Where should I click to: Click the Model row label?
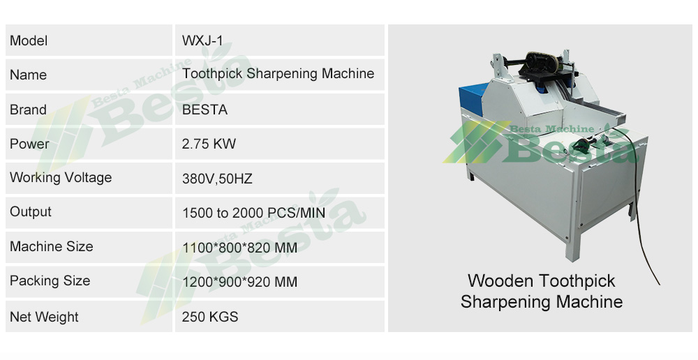[29, 41]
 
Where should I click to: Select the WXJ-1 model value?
[203, 41]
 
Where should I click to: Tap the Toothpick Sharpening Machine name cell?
[278, 74]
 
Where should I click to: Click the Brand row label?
[28, 110]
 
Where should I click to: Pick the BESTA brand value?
[205, 110]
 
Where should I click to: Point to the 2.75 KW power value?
[209, 144]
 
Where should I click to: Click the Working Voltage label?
[61, 178]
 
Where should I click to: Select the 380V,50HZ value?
[217, 179]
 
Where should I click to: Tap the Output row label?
[31, 212]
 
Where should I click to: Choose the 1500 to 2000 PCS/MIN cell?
[253, 213]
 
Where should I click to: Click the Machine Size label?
[51, 247]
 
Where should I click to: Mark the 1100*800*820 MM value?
[239, 248]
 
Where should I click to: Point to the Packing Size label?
[50, 281]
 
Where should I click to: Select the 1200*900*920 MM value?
[239, 282]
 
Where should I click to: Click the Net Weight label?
[44, 317]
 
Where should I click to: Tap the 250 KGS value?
[210, 317]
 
